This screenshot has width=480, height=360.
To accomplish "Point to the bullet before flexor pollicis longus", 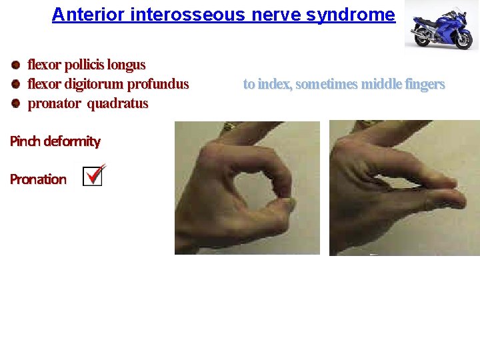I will [15, 65].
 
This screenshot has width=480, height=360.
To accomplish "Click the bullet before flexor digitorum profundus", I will [15, 85].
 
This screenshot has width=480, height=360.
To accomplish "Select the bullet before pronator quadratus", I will [15, 103].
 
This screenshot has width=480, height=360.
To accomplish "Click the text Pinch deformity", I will [55, 141].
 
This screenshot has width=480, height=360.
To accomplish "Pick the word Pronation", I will [38, 179].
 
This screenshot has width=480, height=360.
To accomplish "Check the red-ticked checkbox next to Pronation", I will [93, 176].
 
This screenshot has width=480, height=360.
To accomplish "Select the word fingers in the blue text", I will [424, 85].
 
